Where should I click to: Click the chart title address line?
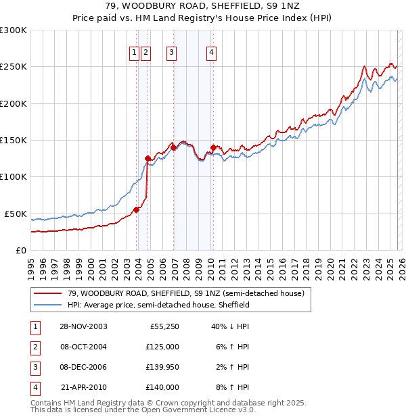[x=203, y=6]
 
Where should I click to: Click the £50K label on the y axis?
[x=16, y=214]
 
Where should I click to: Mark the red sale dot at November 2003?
[x=137, y=209]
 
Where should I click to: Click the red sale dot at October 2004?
[x=148, y=158]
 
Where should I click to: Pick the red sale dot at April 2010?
[x=214, y=147]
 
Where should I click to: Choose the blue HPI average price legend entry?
[x=158, y=305]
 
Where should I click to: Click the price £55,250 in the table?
[x=163, y=326]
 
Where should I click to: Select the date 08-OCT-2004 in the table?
[x=83, y=347]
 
